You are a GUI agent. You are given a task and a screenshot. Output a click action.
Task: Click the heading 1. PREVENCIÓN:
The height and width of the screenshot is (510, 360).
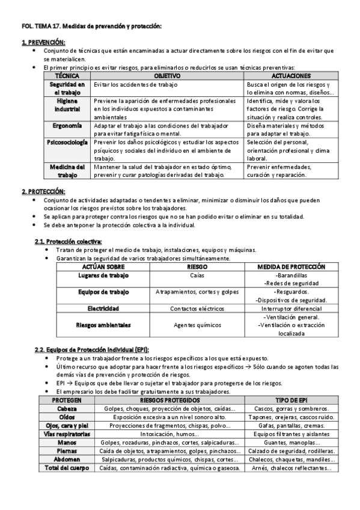pyautogui.click(x=43, y=42)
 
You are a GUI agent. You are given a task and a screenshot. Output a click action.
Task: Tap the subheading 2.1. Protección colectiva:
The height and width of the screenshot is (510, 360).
pyautogui.click(x=69, y=241)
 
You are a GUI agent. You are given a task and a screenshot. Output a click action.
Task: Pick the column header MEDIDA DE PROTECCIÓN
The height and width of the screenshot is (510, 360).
pyautogui.click(x=291, y=266)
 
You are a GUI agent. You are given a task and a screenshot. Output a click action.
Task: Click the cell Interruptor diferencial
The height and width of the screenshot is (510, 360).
pyautogui.click(x=291, y=308)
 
